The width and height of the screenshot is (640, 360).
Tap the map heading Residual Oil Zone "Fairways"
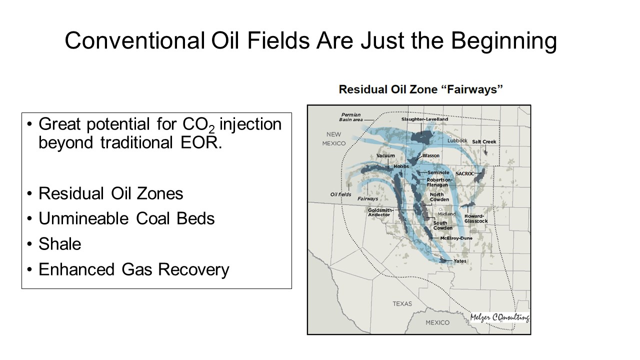tap(420, 89)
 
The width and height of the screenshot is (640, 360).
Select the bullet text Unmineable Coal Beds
tap(126, 218)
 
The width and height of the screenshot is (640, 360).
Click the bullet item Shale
tap(59, 244)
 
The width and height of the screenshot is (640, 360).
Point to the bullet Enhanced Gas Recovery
tap(133, 269)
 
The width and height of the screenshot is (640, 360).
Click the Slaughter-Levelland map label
tap(424, 119)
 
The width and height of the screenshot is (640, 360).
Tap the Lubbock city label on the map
tap(457, 140)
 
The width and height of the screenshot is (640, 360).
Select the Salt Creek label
tap(484, 141)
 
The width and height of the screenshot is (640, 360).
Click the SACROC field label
tap(464, 173)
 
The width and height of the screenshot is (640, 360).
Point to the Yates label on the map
tap(459, 261)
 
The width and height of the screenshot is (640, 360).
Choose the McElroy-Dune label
tap(456, 238)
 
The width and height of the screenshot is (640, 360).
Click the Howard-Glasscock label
tap(476, 218)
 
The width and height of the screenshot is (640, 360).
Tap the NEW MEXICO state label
tap(333, 139)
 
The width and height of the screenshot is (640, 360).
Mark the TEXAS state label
tap(402, 303)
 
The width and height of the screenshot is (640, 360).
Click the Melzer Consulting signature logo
tap(499, 317)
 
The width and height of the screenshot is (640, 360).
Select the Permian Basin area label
tap(351, 117)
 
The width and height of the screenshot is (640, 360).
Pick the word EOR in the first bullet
tap(201, 142)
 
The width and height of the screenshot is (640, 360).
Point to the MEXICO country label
tap(437, 322)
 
